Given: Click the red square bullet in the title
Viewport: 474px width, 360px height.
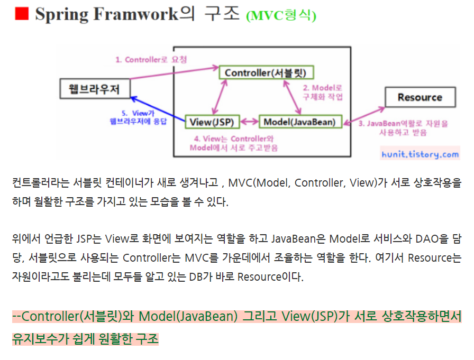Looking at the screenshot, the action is tap(21, 14).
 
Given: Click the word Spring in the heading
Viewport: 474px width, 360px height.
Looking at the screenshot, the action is tap(62, 14).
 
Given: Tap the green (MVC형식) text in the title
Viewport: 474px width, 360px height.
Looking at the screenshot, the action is tap(281, 16).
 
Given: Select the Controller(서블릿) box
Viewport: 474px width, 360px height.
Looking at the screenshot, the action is tap(266, 72).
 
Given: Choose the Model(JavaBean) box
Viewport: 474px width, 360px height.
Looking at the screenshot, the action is tap(299, 122).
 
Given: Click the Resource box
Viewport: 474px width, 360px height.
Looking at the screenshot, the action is tap(420, 97).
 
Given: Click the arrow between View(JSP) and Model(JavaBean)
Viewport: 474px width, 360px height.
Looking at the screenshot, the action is tap(249, 122).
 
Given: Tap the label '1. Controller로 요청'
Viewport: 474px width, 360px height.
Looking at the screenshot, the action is tap(151, 60).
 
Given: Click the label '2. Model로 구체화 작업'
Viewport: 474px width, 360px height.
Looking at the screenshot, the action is tap(323, 92).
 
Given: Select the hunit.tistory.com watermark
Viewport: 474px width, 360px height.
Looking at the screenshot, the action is tap(420, 154).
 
